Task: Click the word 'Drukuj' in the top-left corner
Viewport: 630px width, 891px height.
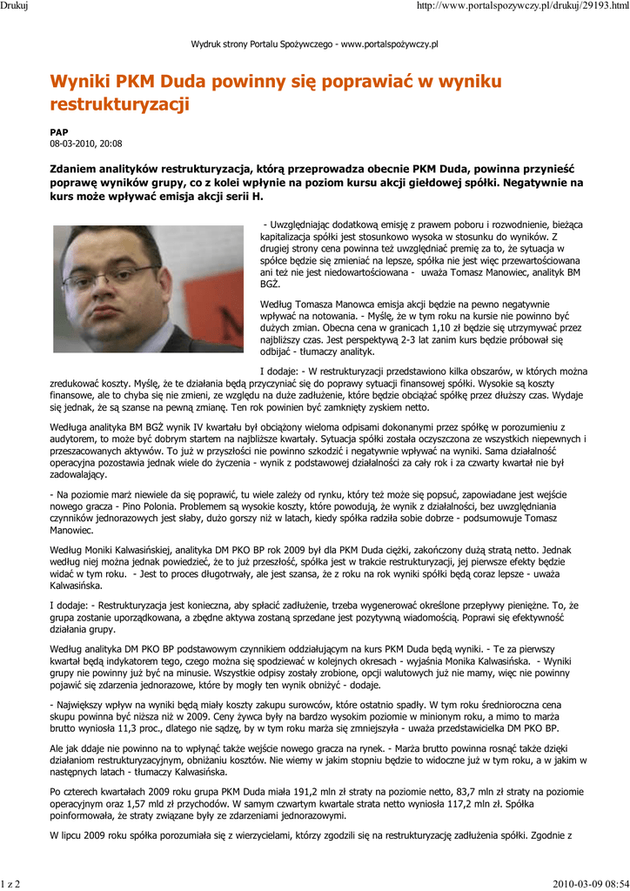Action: click(x=16, y=7)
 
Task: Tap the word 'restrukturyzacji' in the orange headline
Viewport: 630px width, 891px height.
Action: click(x=120, y=105)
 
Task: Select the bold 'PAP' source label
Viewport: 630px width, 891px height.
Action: click(x=58, y=132)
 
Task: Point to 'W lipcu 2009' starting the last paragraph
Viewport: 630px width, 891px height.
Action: click(x=81, y=834)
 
